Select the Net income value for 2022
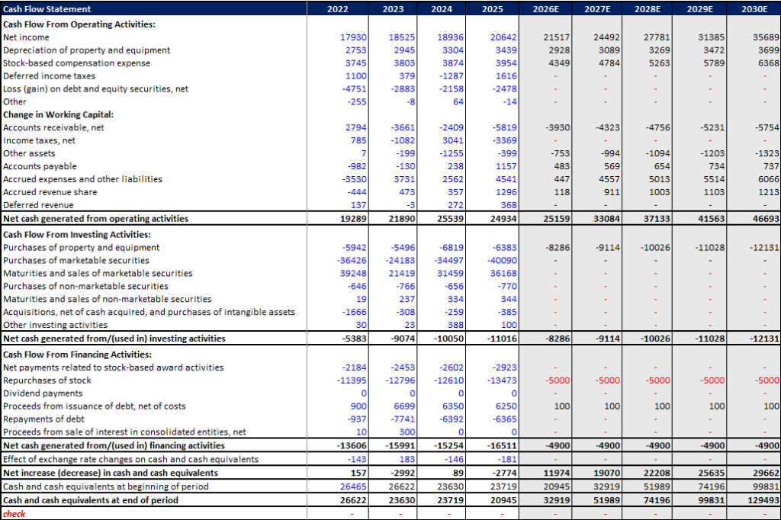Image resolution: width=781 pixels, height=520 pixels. tap(354, 37)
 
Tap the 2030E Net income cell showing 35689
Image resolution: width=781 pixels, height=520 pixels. tap(766, 37)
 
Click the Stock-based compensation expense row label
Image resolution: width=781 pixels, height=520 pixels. tap(76, 63)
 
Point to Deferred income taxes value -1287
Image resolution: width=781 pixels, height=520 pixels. tap(452, 76)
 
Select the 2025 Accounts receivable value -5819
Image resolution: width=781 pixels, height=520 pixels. tap(504, 128)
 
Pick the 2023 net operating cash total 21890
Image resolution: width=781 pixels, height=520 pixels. tap(401, 219)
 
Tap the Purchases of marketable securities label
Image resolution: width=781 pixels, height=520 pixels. tap(76, 261)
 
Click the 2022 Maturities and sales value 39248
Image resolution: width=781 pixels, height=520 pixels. tap(354, 274)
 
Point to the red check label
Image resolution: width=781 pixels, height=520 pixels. tap(14, 514)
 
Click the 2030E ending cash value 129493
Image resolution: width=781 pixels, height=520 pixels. tap(763, 500)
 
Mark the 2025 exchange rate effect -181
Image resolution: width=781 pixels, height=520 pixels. tap(506, 460)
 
